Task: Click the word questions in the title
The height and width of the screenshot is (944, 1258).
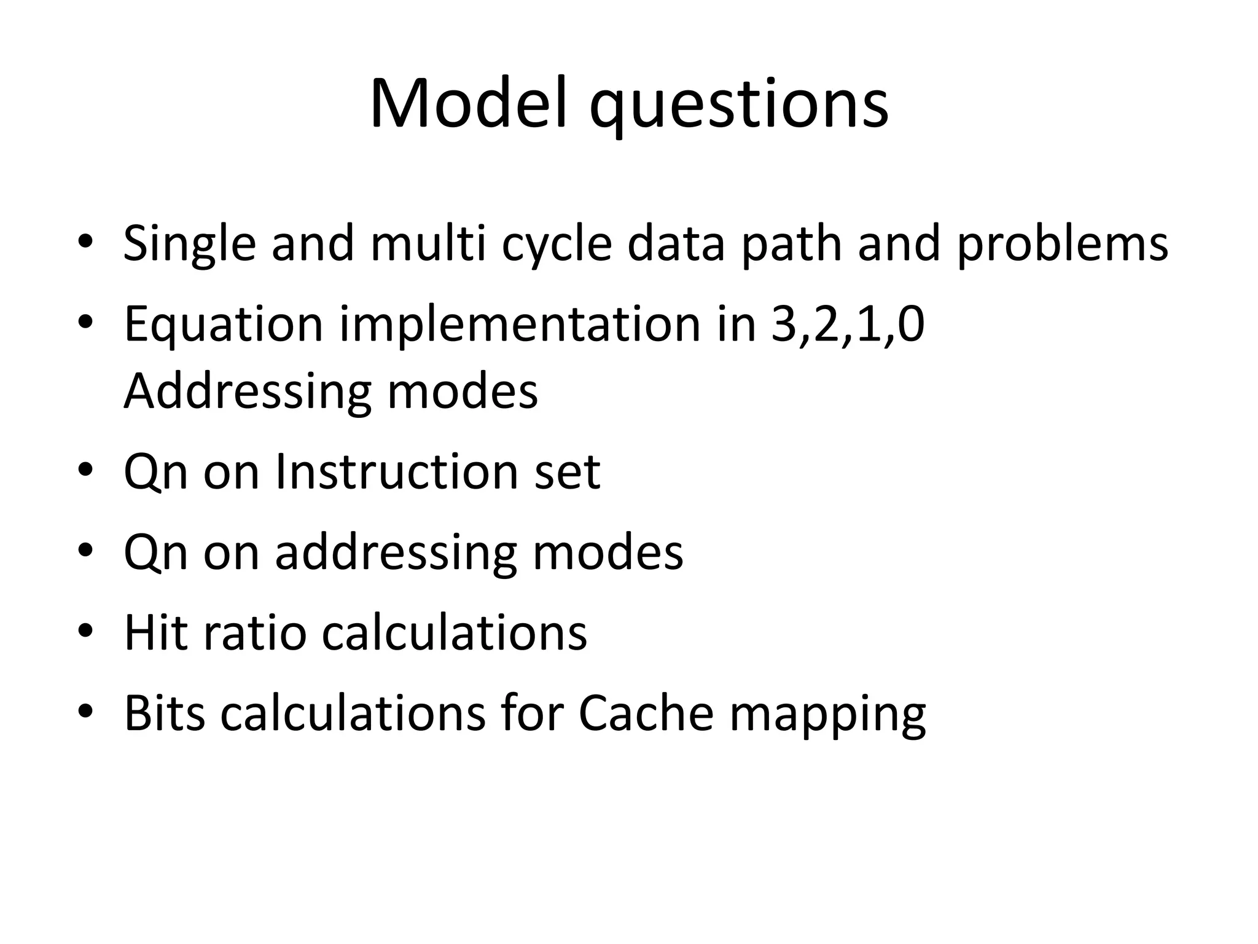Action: point(738,108)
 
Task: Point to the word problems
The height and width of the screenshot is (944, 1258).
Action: point(1062,245)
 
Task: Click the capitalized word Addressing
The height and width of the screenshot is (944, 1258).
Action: point(248,393)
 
